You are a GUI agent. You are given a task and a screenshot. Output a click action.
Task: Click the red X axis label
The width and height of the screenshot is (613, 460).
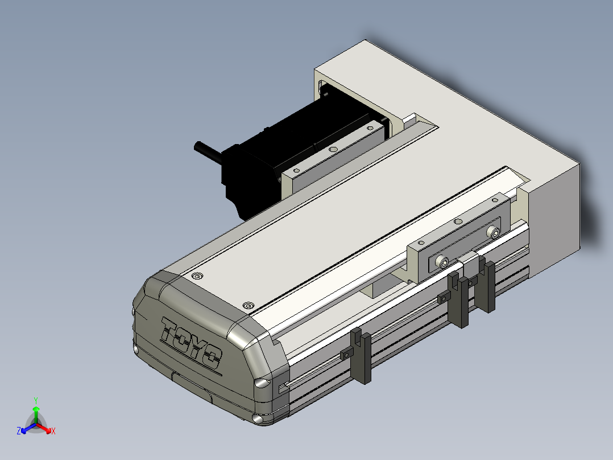tap(53, 431)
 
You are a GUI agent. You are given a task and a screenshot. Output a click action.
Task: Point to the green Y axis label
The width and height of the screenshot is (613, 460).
tap(36, 400)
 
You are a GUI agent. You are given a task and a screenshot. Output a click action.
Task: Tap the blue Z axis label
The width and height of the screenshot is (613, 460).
tap(19, 430)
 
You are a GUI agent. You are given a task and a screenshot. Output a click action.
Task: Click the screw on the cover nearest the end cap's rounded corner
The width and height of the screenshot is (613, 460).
tap(248, 305)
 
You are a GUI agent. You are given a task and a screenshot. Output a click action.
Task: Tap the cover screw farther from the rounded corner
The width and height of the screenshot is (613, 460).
tap(197, 276)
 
